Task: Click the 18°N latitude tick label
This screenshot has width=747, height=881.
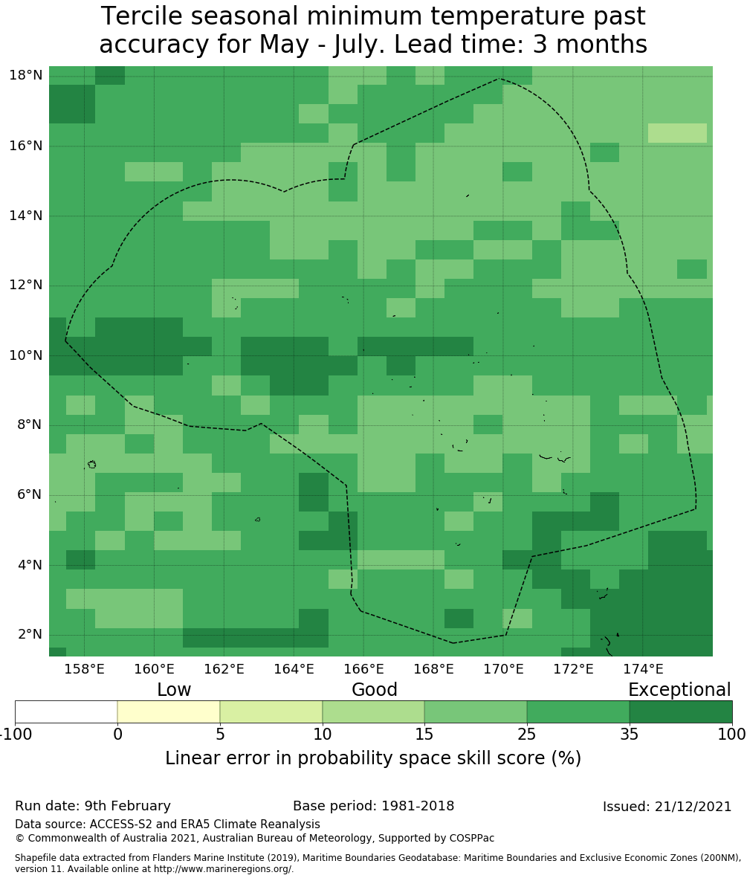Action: (25, 75)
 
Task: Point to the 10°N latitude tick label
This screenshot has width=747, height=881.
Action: (25, 355)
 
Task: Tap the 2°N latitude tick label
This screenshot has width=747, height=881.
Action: (28, 635)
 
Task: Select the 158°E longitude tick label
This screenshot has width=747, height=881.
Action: (84, 669)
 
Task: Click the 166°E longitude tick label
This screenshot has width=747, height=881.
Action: (363, 669)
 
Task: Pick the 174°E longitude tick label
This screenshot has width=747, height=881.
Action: (643, 669)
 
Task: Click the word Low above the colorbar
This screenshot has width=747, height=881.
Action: (174, 690)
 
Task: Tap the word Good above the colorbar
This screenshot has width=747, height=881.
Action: (375, 690)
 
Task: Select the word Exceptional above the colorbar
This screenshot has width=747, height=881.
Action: (679, 690)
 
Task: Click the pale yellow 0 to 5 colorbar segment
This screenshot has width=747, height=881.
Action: (169, 711)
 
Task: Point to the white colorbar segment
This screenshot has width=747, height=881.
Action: (66, 711)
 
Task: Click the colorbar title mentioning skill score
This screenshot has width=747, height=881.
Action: (373, 758)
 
